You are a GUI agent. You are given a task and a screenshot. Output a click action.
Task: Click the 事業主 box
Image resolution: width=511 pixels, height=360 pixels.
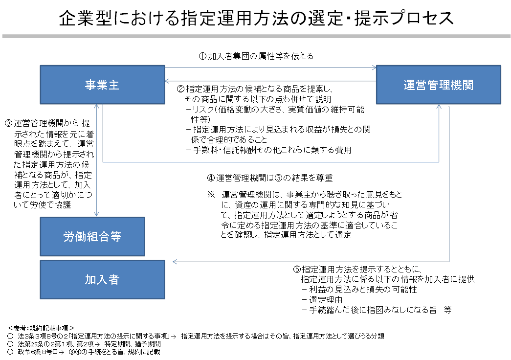[x=102, y=85]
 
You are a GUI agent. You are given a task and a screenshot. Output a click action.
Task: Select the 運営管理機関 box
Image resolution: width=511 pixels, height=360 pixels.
[x=438, y=85]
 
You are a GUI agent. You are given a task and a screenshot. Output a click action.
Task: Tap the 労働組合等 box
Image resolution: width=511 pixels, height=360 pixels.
[x=92, y=237]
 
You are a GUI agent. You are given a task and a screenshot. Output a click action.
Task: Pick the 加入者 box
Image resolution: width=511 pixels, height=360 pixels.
[x=102, y=279]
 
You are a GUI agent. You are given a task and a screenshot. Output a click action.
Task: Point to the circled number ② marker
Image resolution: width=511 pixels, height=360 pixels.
[x=180, y=89]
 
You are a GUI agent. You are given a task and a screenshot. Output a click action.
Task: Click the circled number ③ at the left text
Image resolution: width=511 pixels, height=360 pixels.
[x=8, y=123]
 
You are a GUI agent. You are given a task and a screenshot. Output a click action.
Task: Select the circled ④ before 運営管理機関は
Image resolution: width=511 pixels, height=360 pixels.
[x=211, y=177]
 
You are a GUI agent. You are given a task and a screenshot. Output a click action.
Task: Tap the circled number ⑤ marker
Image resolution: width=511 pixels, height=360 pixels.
[x=297, y=270]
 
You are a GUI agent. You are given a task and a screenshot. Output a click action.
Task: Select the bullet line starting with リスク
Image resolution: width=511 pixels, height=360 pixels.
[x=279, y=110]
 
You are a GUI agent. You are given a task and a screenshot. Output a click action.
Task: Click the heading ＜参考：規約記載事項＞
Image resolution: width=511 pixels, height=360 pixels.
[x=41, y=327]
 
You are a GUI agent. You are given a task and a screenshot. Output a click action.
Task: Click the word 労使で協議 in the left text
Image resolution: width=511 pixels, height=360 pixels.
[x=53, y=206]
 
